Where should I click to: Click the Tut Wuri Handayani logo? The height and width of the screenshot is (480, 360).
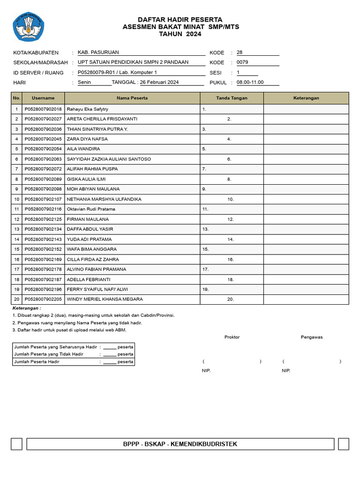30,27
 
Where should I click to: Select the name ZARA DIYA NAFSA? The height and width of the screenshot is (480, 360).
87,139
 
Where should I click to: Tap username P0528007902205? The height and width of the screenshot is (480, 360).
43,299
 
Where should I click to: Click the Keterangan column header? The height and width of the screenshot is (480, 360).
306,98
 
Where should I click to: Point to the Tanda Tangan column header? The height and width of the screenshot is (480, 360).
232,98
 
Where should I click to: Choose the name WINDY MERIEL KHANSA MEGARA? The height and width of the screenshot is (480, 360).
105,299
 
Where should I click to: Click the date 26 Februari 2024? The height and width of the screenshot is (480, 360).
159,82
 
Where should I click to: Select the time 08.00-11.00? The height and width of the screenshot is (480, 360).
250,82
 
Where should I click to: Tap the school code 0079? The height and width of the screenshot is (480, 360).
242,62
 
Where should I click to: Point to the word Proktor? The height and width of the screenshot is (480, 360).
232,337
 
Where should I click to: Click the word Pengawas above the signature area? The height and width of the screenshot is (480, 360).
312,337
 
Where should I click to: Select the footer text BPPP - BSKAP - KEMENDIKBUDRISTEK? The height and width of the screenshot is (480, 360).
180,444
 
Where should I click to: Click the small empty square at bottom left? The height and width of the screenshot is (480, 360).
16,444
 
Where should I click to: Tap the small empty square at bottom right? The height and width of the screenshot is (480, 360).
344,444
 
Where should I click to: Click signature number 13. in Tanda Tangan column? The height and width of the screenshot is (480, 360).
205,229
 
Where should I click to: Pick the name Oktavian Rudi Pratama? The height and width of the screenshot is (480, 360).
91,209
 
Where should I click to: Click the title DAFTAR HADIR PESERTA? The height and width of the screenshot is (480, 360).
180,19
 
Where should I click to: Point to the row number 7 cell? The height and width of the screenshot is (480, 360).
17,169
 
